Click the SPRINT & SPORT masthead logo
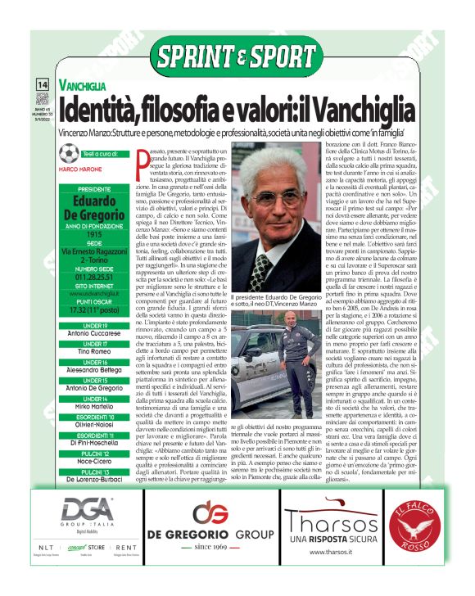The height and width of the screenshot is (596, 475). tap(237, 57)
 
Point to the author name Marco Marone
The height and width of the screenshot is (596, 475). tap(80, 169)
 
